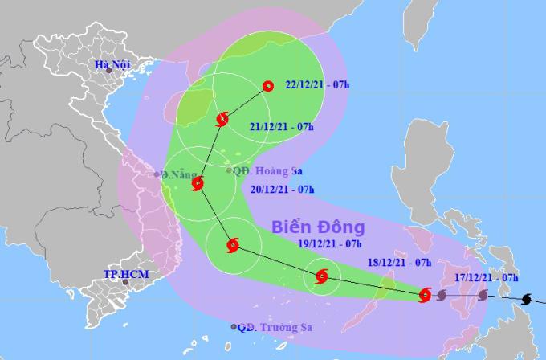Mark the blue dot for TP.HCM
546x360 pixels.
click(x=124, y=282)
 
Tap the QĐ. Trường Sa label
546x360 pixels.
click(x=274, y=327)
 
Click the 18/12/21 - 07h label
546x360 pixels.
click(x=400, y=263)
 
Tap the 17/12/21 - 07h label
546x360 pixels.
click(x=485, y=277)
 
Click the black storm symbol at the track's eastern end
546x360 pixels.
click(x=525, y=300)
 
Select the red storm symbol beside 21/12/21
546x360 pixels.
click(x=222, y=121)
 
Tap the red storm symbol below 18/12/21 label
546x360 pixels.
click(x=426, y=296)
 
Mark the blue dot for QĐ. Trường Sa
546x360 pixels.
click(x=234, y=327)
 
